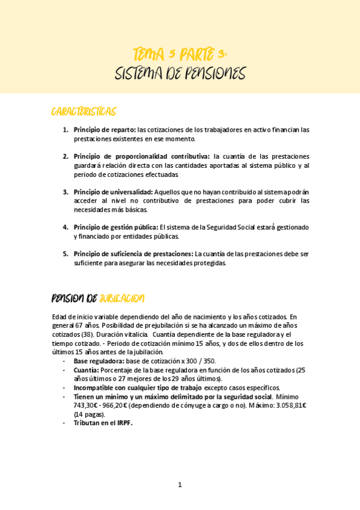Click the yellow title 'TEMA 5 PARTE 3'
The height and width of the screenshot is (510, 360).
click(180, 55)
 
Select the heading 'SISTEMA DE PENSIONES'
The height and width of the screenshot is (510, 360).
click(180, 74)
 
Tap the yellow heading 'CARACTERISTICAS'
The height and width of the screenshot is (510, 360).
click(84, 112)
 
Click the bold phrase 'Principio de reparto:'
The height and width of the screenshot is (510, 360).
click(105, 129)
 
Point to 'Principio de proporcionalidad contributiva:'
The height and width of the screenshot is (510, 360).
click(142, 156)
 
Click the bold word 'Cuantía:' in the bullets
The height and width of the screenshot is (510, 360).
click(86, 370)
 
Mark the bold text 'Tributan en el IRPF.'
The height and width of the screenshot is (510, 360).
click(103, 423)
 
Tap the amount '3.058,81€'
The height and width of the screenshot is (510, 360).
click(292, 405)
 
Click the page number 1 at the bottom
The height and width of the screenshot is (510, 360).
click(179, 485)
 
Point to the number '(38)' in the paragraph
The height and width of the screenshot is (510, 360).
click(88, 334)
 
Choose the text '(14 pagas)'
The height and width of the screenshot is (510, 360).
click(89, 414)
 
